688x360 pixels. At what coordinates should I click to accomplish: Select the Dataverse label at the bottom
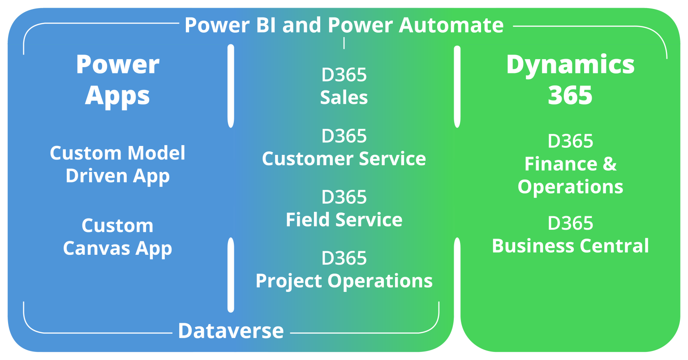[231, 331]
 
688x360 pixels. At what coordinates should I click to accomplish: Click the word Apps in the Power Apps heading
[117, 96]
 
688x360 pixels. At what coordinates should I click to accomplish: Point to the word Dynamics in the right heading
[570, 65]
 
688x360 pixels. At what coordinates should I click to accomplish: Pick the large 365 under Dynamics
[570, 95]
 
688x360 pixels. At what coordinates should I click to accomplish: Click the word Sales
[344, 98]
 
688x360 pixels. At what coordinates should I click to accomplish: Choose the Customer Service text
[344, 159]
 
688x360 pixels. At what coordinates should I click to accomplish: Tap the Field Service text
[344, 220]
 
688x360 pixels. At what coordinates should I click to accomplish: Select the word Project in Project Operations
[289, 281]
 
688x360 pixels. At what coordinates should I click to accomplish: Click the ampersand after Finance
[609, 164]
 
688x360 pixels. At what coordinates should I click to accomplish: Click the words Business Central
[570, 246]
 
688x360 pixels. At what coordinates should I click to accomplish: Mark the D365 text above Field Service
[344, 197]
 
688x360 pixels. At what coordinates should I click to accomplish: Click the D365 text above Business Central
[570, 223]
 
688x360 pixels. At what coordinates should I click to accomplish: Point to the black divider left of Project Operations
[231, 275]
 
